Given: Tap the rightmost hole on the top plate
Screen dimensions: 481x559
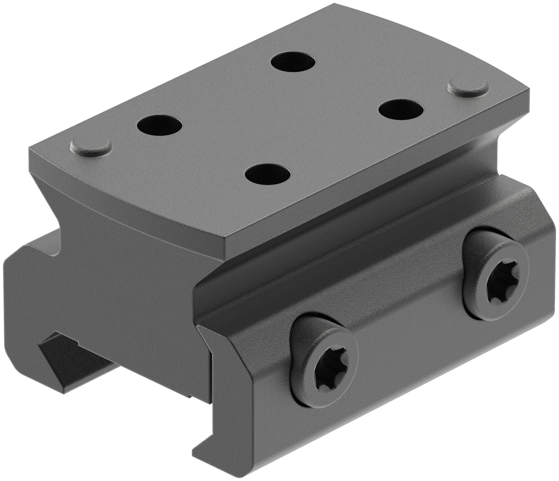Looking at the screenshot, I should (401, 110).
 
